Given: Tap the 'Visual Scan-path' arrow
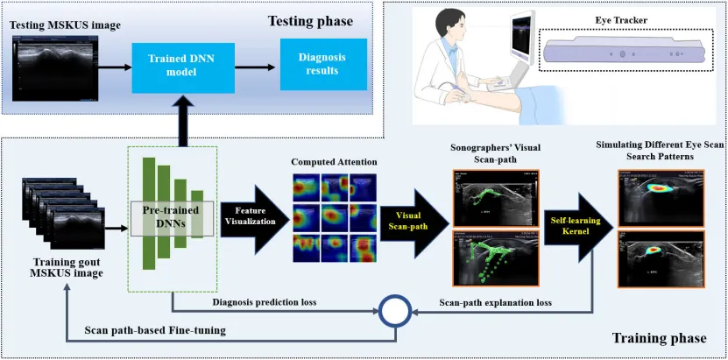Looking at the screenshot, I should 412,219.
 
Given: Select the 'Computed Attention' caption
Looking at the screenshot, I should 333,163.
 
